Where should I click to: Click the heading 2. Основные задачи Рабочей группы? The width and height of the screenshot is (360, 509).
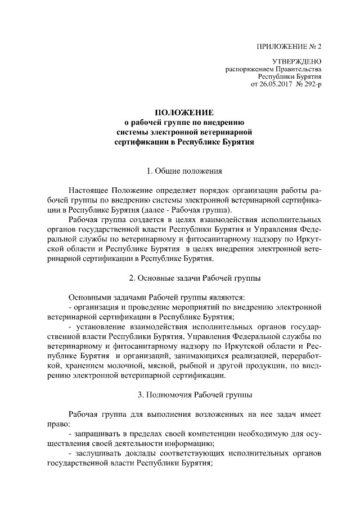pos(194,278)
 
